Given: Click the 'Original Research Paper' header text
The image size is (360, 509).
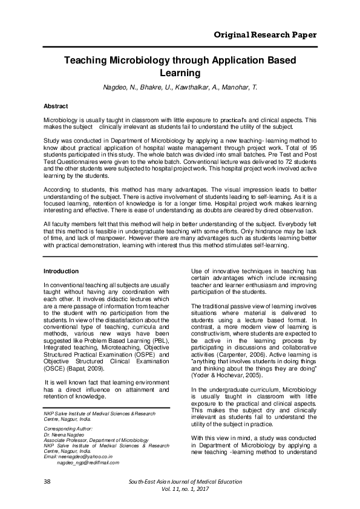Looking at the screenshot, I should click(x=266, y=34).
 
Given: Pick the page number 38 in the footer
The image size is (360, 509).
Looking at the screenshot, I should click(x=47, y=481).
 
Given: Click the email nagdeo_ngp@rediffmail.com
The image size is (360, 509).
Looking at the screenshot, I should click(x=88, y=462).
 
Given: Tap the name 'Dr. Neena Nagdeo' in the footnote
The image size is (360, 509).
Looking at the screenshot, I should click(x=64, y=435).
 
